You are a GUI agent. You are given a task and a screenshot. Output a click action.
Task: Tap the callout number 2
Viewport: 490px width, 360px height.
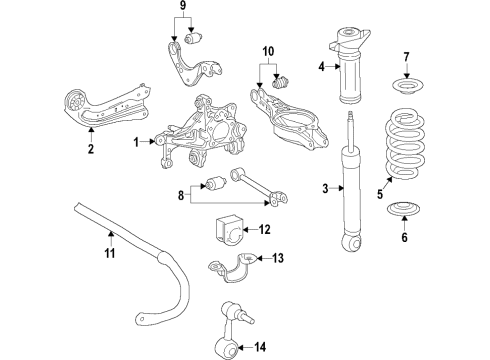(x=90, y=150)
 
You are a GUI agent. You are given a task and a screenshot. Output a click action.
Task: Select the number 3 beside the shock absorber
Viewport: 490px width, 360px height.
(x=326, y=189)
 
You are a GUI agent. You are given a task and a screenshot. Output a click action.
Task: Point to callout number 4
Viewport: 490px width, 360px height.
(x=322, y=68)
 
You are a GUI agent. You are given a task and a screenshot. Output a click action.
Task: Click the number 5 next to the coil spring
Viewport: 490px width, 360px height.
(x=378, y=196)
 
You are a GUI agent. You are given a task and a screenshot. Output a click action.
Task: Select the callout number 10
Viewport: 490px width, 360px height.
(x=267, y=52)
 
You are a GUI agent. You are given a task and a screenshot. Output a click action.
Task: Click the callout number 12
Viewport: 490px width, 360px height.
(x=265, y=230)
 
